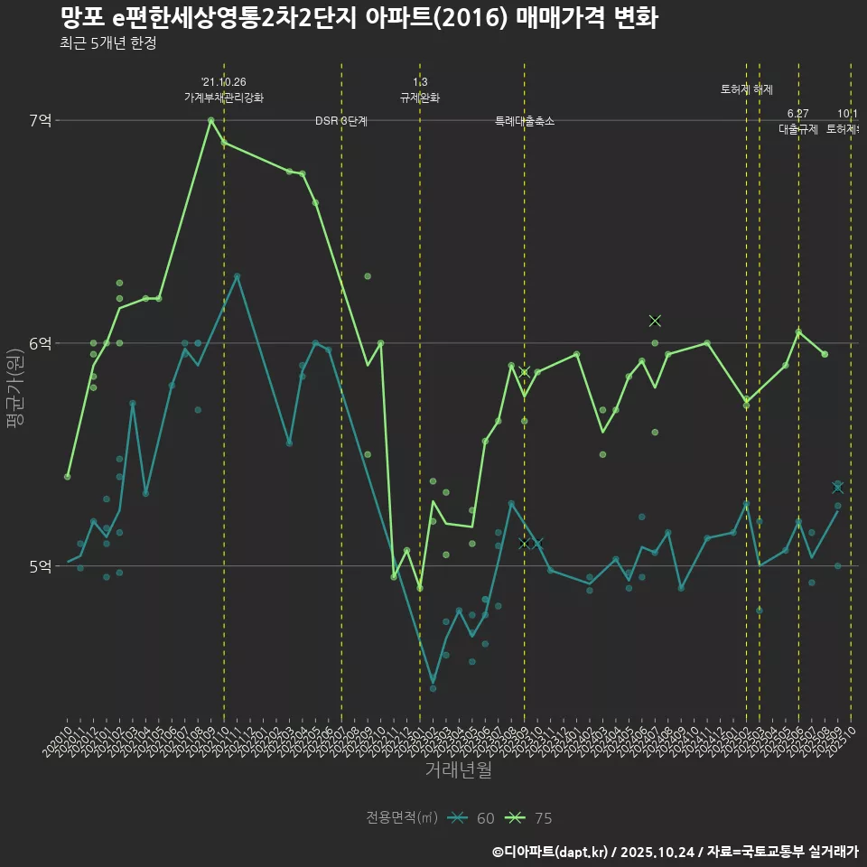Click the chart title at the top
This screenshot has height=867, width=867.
[x=359, y=18]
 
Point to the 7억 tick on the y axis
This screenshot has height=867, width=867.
[x=41, y=120]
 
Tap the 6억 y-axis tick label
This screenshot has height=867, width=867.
[x=41, y=343]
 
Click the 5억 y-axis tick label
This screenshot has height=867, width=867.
[x=41, y=566]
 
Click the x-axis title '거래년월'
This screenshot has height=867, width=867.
[x=458, y=770]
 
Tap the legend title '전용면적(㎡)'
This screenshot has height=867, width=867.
[x=402, y=818]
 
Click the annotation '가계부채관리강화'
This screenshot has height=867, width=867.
[x=224, y=98]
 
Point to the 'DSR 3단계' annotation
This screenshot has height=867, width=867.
[x=341, y=121]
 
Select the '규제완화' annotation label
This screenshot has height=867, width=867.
[x=420, y=98]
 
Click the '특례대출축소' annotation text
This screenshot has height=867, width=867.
[x=525, y=121]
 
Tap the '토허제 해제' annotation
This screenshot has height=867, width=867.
[x=747, y=89]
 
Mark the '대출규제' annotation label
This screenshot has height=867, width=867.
[x=798, y=129]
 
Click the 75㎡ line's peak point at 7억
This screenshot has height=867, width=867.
[x=210, y=120]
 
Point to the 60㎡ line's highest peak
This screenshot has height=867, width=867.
[x=237, y=276]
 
